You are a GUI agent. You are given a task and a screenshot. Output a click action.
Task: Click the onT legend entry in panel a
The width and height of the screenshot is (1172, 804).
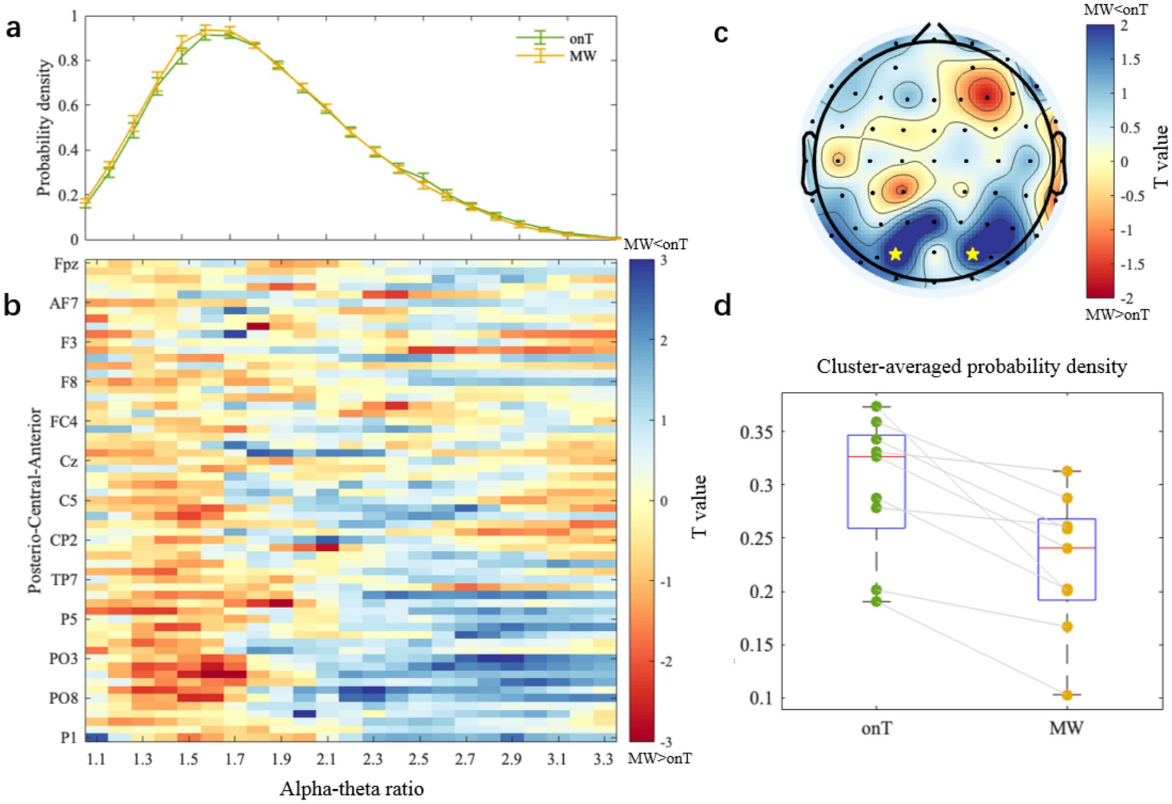[580, 39]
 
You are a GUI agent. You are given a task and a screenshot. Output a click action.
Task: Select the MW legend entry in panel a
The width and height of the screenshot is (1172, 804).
[582, 57]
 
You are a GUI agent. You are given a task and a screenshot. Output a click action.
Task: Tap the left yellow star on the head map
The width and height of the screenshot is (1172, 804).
[895, 254]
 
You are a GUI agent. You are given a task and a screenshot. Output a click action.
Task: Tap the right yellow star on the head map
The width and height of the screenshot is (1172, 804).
[972, 254]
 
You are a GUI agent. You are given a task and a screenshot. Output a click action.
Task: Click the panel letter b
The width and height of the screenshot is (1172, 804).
[12, 304]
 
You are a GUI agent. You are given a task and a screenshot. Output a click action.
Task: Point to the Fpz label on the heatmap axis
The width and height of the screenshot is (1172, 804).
[66, 264]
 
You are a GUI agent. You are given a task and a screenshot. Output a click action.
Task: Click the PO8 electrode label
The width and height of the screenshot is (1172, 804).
[64, 698]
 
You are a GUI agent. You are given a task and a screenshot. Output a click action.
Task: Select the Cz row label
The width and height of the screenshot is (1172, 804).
[68, 461]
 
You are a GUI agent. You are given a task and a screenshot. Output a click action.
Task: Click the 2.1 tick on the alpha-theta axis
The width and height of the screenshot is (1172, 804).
[327, 759]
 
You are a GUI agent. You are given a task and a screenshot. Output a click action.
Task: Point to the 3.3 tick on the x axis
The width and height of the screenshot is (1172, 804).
[603, 759]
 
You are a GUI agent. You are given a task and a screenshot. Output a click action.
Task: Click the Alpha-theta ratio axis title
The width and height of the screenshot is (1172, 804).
[351, 789]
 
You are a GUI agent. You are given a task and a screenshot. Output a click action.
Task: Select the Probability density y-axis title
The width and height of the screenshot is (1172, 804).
[44, 128]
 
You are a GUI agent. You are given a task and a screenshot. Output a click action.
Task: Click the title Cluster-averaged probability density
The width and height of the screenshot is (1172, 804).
[972, 367]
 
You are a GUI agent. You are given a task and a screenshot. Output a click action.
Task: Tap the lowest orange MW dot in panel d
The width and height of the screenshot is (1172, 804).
[1067, 695]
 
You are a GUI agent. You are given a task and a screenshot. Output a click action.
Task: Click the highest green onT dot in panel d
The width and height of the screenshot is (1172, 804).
[876, 407]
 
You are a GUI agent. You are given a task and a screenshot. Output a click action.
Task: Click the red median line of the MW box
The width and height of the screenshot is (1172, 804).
[1067, 548]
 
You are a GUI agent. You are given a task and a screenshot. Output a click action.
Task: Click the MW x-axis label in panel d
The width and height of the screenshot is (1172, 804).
[1066, 728]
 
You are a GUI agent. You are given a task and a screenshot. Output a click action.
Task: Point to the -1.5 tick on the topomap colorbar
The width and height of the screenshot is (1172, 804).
[1132, 264]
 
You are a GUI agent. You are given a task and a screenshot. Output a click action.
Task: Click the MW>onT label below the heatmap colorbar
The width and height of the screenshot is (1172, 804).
[659, 758]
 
